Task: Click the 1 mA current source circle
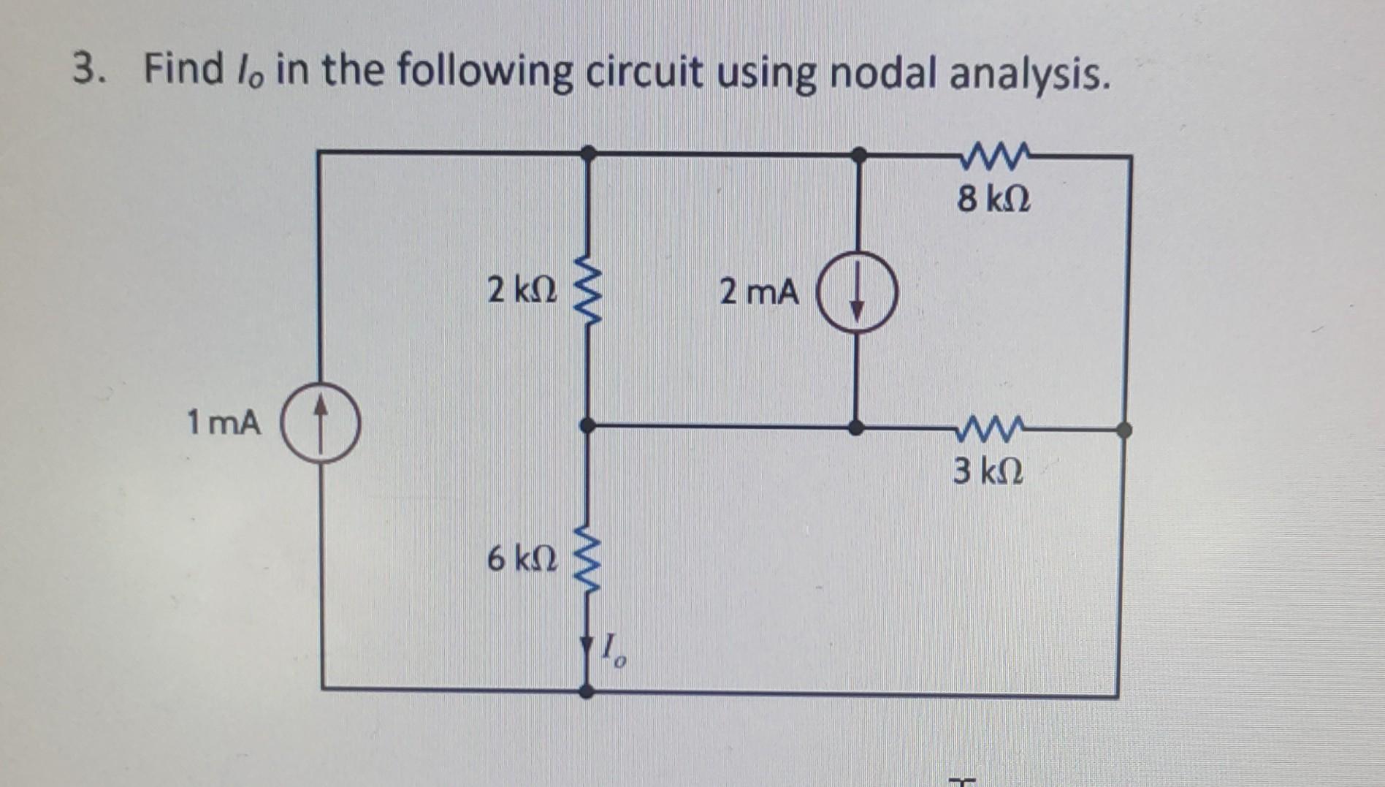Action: (320, 425)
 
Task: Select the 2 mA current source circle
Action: (857, 294)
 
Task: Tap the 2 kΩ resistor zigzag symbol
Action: (588, 291)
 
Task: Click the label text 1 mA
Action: (224, 422)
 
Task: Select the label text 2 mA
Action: (759, 292)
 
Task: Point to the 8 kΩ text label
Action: (994, 198)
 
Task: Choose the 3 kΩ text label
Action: (988, 471)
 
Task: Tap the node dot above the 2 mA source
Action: (860, 154)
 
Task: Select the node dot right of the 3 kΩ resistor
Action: (1124, 430)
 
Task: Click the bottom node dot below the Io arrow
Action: (587, 691)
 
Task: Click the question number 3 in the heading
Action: (86, 70)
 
